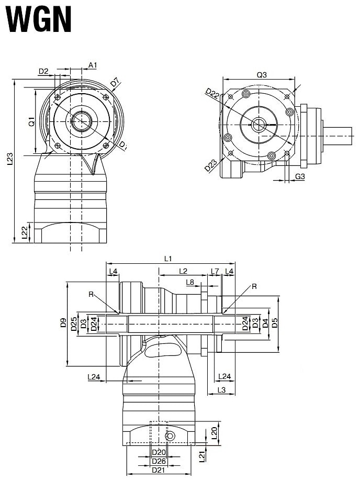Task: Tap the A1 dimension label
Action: point(93,65)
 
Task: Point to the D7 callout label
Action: point(115,83)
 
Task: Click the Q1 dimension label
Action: point(31,122)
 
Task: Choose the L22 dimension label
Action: point(25,233)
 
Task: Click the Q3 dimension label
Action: point(262,75)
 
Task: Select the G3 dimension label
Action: point(300,177)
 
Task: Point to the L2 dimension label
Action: point(183,271)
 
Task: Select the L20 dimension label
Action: point(214,432)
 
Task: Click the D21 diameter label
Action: point(159,470)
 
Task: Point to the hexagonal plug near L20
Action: point(170,437)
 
